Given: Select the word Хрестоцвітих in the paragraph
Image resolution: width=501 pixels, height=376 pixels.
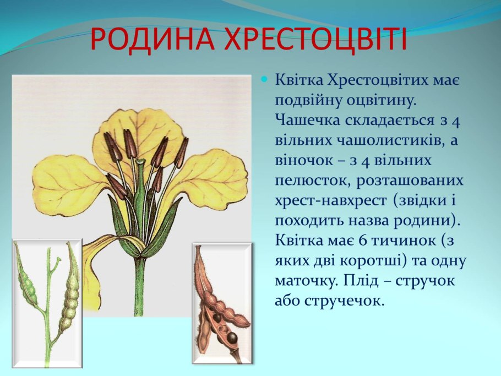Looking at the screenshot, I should click(379, 81).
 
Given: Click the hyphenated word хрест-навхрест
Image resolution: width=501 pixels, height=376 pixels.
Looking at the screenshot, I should click(330, 201).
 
